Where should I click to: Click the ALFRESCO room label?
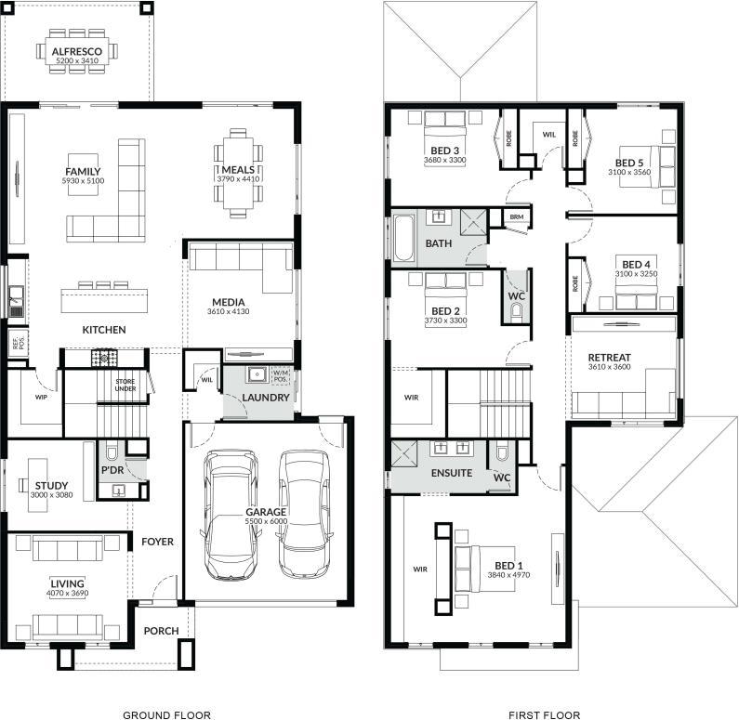77,51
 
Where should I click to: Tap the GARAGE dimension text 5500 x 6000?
266,521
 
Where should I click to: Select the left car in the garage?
231,516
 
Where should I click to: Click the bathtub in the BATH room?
404,238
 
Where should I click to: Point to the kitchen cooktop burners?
104,358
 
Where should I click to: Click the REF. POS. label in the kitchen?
18,342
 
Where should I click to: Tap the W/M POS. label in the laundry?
280,375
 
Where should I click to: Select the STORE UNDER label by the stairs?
125,385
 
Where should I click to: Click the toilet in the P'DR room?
112,452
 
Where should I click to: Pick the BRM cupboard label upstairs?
517,216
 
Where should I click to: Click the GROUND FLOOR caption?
166,714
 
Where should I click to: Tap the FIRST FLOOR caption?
545,714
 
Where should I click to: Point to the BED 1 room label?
508,566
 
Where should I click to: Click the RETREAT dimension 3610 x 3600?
610,367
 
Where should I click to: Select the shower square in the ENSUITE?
404,454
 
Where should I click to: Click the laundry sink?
257,374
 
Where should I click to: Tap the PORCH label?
161,631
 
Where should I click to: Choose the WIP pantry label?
41,397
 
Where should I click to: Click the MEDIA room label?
228,302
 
